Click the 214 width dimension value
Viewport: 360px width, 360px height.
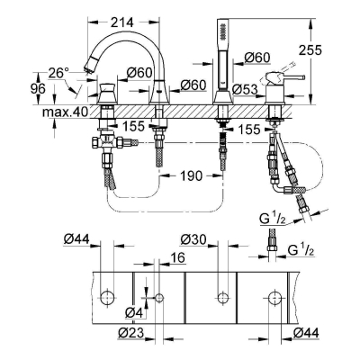click(x=121, y=22)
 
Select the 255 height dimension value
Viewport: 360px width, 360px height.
click(x=310, y=50)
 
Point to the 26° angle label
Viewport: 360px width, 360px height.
click(x=59, y=73)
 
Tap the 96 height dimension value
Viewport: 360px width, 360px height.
click(x=38, y=89)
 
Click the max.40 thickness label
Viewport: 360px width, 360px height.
click(x=65, y=112)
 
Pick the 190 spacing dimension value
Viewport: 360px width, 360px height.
click(x=190, y=175)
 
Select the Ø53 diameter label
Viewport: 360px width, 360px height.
click(x=245, y=89)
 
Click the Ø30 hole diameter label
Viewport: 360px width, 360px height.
click(x=193, y=239)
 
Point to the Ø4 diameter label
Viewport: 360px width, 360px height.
click(x=135, y=313)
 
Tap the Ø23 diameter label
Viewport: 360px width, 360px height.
click(x=131, y=333)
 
